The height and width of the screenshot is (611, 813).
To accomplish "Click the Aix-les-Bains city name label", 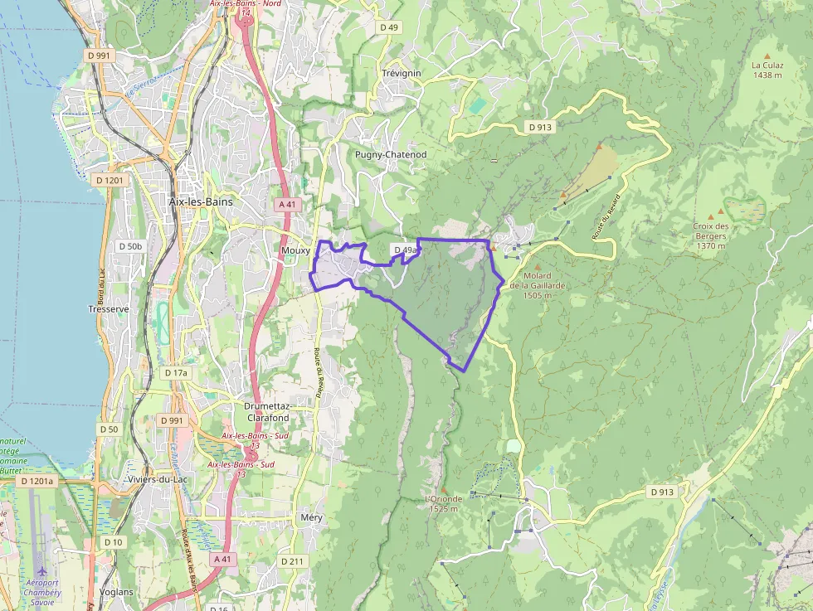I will tap(201, 201).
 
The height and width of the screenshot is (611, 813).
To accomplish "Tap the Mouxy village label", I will tap(295, 250).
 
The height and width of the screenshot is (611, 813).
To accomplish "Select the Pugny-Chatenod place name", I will tap(391, 155).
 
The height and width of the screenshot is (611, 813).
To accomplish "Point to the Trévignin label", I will tap(402, 73).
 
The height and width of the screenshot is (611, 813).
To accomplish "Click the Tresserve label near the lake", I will tap(109, 309).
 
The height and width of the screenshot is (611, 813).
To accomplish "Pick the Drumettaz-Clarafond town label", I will tap(267, 412).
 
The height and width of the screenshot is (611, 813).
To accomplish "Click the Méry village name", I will tap(311, 517).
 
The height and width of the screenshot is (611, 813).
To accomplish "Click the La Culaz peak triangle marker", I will tap(767, 56).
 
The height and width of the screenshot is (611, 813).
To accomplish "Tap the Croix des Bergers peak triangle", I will tap(709, 214).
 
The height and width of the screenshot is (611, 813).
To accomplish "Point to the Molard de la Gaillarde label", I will tap(543, 285).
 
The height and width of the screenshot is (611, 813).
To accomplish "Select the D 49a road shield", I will tap(406, 250).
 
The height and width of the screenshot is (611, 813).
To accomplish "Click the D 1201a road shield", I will tap(37, 481).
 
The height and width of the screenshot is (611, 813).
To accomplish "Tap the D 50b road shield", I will tap(130, 246).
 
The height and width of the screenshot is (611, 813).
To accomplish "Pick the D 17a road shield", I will tap(177, 373).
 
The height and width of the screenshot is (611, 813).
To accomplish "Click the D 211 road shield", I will tap(293, 561).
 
